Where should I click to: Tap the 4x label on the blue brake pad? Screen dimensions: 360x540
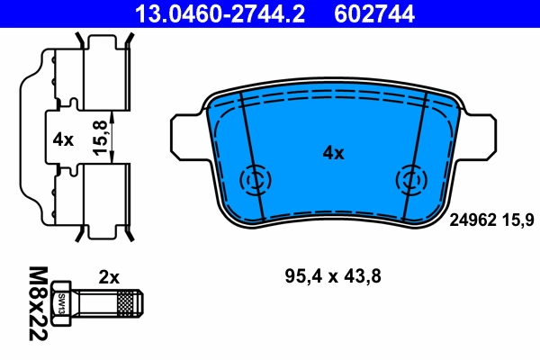point(333,153)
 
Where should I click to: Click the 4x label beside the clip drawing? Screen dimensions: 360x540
point(62,139)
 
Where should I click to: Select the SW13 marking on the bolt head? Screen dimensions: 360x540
point(63,304)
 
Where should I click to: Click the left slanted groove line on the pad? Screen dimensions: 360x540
point(249,157)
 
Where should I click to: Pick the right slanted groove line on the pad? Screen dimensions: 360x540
point(418,157)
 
